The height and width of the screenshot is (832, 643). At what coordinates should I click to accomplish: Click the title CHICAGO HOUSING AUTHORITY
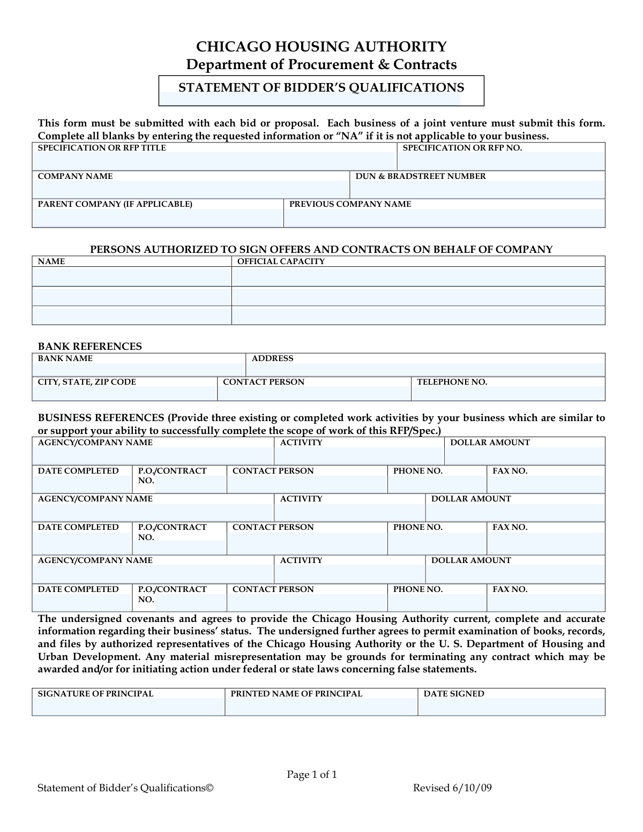[321, 47]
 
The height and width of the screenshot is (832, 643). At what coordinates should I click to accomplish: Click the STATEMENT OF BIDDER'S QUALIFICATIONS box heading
[321, 88]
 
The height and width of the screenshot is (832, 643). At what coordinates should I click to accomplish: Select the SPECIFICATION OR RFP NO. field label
[462, 148]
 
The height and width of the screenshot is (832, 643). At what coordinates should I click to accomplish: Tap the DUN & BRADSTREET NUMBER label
[421, 176]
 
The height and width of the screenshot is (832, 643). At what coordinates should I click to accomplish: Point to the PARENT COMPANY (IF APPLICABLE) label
[115, 204]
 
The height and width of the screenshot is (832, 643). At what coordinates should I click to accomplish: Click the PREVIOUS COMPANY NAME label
[350, 204]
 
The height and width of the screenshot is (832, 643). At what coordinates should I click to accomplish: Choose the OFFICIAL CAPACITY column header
[281, 261]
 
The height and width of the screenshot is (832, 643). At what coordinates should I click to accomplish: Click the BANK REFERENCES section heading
[89, 347]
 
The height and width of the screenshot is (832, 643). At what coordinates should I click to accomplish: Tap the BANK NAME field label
[65, 358]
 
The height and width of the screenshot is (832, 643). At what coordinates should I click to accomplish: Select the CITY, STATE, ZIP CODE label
[87, 382]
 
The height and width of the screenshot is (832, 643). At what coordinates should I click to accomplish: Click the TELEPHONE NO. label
[452, 382]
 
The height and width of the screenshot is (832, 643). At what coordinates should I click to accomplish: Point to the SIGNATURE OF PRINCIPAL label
[95, 694]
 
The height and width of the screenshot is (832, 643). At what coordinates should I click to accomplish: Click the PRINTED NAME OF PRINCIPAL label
[296, 694]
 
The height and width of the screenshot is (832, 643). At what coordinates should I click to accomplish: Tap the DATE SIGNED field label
[454, 694]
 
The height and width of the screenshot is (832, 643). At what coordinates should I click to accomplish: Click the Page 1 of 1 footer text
[312, 775]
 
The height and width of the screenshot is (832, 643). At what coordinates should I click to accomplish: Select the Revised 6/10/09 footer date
[452, 788]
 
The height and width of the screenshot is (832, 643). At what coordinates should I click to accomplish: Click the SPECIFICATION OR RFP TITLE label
[102, 148]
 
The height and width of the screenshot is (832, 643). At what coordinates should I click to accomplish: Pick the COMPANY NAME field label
[75, 176]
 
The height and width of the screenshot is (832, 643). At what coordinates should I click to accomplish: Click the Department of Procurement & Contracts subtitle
[321, 65]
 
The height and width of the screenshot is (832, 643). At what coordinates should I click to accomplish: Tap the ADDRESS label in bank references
[272, 358]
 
